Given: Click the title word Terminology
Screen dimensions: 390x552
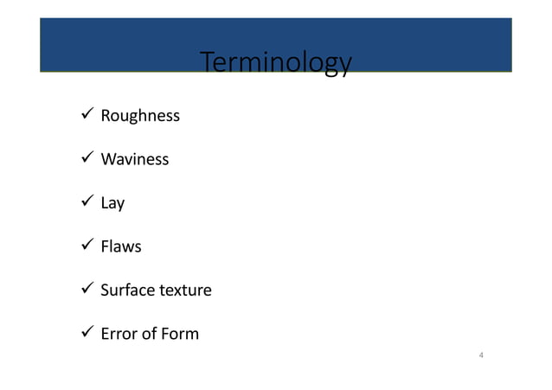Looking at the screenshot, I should tap(275, 64).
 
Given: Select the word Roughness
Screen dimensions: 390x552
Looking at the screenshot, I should tap(140, 116).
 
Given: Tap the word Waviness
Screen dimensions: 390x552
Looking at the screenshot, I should tap(135, 160).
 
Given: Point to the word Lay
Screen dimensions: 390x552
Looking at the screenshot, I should tap(112, 204).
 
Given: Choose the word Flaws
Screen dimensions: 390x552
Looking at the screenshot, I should tap(121, 247).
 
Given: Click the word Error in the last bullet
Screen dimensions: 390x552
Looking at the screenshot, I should tap(119, 334).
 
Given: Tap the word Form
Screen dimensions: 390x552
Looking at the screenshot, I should tap(179, 334).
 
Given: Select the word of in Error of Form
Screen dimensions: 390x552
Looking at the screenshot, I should tap(149, 334).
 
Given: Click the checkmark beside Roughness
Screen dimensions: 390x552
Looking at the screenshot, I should tap(85, 115).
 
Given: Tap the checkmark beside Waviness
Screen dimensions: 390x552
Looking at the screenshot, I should tap(85, 159).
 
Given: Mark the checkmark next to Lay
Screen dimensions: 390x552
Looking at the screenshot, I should tap(85, 202).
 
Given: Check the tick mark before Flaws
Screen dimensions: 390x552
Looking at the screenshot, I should tap(85, 246).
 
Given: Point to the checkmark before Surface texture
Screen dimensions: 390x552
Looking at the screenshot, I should tap(85, 290).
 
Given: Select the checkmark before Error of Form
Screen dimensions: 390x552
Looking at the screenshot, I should tap(85, 333).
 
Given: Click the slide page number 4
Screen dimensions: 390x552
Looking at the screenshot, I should tap(481, 355).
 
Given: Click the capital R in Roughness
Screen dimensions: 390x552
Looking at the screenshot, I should tap(106, 116).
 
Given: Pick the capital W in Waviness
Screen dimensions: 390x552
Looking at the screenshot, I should tap(108, 160).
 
